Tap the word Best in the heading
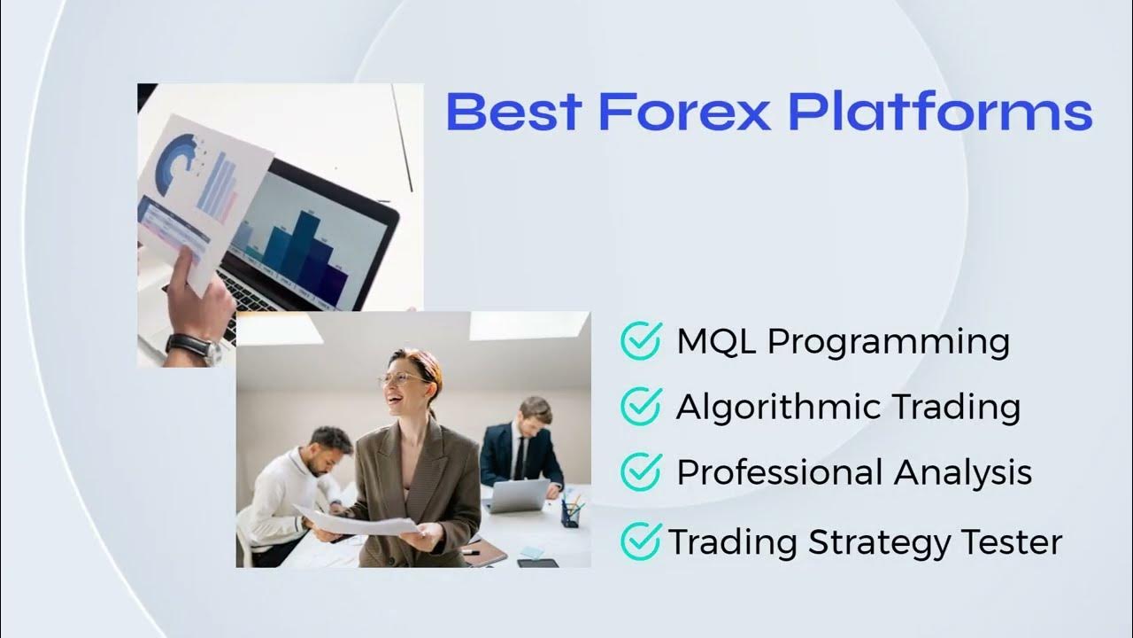(513, 113)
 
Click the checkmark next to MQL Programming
(641, 340)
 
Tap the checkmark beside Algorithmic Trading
(641, 406)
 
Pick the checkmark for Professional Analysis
(641, 471)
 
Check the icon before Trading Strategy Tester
(641, 540)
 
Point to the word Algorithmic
(777, 408)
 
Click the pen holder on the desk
(572, 512)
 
